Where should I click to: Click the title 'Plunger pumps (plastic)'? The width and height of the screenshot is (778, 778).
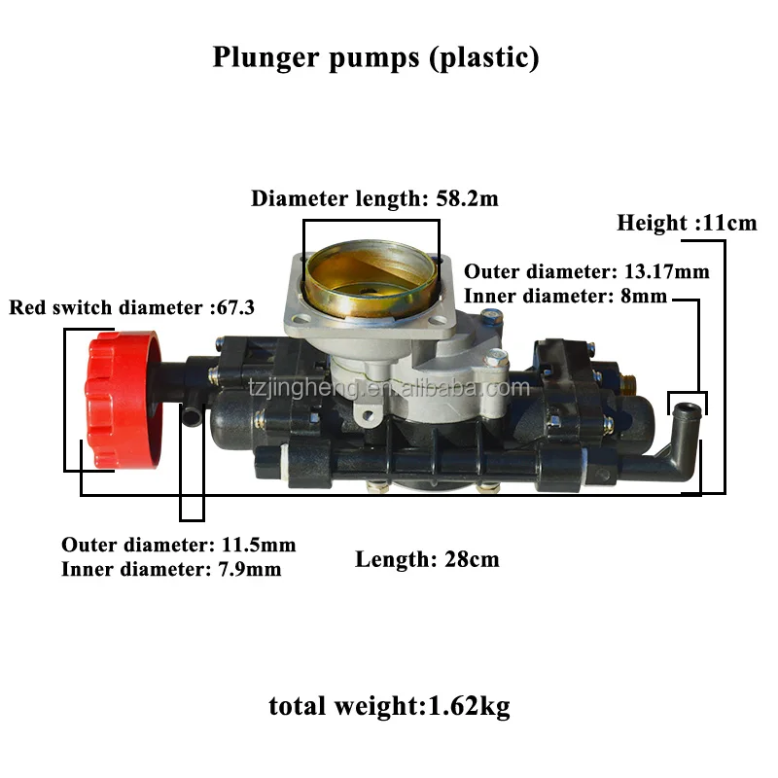click(x=375, y=57)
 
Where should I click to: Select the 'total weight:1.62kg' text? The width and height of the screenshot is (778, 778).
click(x=389, y=707)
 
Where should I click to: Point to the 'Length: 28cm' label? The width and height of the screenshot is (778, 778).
click(x=427, y=559)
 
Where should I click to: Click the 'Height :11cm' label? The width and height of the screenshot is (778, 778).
click(x=687, y=223)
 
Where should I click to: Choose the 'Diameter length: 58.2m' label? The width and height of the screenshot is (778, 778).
click(x=374, y=198)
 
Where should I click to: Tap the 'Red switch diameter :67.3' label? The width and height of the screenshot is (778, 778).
click(x=132, y=308)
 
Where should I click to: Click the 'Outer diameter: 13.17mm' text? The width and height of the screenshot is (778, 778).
click(x=587, y=271)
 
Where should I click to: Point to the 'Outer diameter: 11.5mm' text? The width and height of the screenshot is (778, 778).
click(x=179, y=545)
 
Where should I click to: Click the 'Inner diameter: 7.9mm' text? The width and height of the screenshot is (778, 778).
click(x=171, y=569)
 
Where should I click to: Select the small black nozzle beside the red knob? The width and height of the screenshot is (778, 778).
click(x=191, y=417)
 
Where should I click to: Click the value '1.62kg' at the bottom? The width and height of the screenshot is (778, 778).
click(x=470, y=707)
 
